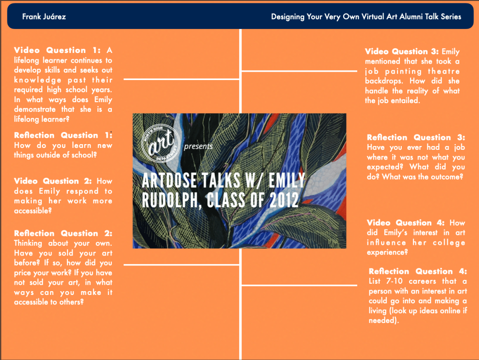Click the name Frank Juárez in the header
[44, 16]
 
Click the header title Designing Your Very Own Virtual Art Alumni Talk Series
[366, 17]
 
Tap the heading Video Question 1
[57, 50]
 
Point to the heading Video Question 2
[53, 181]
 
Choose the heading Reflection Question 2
[63, 233]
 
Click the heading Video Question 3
[402, 51]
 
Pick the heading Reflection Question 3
[416, 138]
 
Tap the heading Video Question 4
[405, 222]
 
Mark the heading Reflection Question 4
[418, 271]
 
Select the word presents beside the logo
[198, 146]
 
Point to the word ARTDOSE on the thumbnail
[169, 180]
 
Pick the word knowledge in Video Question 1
[37, 81]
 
